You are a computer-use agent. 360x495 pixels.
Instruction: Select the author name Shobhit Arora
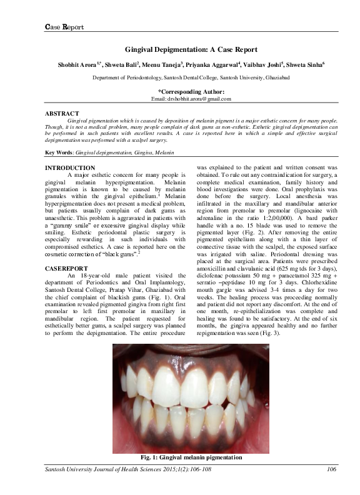70,64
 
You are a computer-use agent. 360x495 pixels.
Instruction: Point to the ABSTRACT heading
62,114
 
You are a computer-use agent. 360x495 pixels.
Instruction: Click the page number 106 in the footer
332,470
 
